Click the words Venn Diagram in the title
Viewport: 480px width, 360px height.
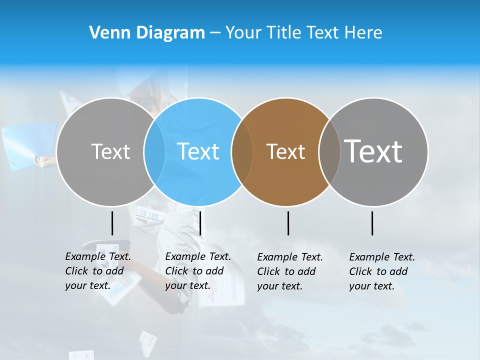(x=147, y=33)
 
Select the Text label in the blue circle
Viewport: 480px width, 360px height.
(x=198, y=151)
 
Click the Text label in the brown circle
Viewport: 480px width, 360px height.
(x=285, y=151)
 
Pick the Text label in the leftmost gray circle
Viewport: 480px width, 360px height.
(x=110, y=151)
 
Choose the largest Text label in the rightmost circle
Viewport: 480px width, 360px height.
(x=373, y=151)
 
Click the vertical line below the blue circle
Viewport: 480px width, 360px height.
(x=200, y=223)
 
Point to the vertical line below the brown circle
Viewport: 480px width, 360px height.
(x=288, y=223)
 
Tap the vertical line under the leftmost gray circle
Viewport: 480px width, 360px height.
(x=112, y=223)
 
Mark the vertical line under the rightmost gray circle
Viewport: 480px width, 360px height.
(x=372, y=223)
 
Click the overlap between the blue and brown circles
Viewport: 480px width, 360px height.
(x=242, y=151)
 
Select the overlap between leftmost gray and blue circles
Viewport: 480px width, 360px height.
(x=154, y=151)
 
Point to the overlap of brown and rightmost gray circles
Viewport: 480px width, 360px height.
(x=329, y=151)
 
